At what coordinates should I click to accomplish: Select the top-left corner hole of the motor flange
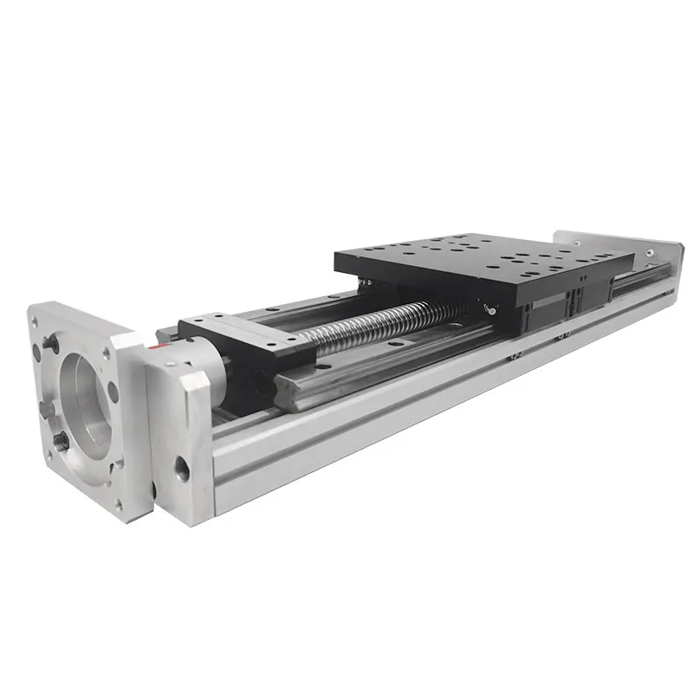[x=38, y=320]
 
